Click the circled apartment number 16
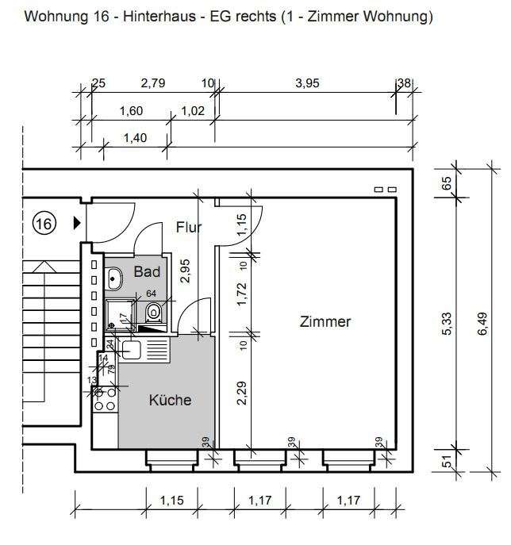[43, 225]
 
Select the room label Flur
[188, 228]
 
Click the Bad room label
[147, 272]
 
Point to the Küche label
[170, 400]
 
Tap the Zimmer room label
[325, 321]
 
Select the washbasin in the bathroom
[114, 278]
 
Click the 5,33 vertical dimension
[447, 324]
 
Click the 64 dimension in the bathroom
[152, 294]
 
